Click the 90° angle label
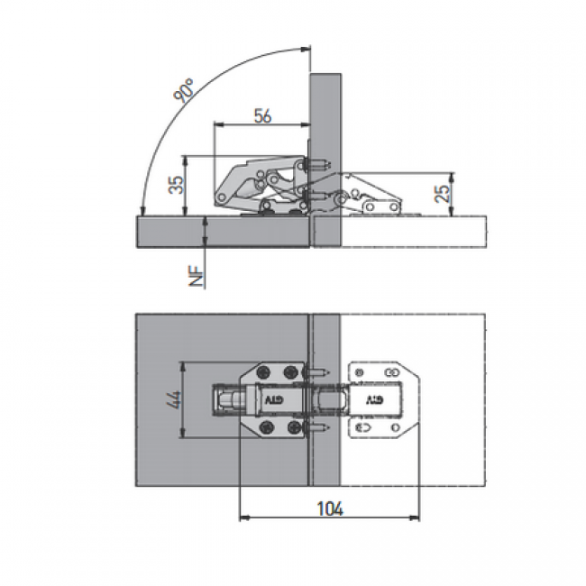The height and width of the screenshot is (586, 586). (x=184, y=90)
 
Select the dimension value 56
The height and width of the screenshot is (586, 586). (x=262, y=115)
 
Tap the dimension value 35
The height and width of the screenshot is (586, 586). (x=177, y=184)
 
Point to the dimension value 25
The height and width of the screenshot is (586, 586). (x=443, y=194)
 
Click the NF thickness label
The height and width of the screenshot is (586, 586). (x=197, y=276)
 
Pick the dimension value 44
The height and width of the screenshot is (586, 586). (x=175, y=399)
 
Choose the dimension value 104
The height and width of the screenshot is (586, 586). (x=330, y=508)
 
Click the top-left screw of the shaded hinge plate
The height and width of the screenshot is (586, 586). (x=264, y=371)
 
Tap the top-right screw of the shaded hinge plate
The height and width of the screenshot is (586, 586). (x=290, y=371)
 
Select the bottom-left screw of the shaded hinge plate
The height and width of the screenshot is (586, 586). (x=268, y=426)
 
